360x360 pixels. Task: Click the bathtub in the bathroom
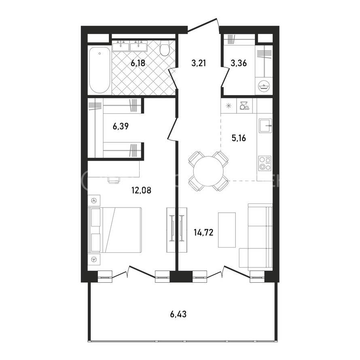[x=100, y=70]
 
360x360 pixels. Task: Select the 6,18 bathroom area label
[x=138, y=63]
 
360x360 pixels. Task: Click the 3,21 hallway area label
[x=199, y=63]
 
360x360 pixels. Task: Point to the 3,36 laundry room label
[x=239, y=63]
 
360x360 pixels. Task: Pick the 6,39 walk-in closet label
[x=121, y=126]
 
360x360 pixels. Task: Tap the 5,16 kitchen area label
[x=239, y=138]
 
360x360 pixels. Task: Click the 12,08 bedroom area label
[x=142, y=190]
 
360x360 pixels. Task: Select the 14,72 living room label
[x=203, y=233]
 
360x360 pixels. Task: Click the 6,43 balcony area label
[x=178, y=314]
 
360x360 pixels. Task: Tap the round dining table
[x=208, y=171]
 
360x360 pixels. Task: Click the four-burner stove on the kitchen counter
[x=265, y=163]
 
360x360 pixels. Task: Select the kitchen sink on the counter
[x=265, y=125]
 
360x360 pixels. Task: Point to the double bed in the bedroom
[x=114, y=230]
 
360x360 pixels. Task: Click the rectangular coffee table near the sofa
[x=227, y=230]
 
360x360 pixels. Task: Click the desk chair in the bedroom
[x=114, y=180]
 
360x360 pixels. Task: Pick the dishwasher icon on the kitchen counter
[x=244, y=106]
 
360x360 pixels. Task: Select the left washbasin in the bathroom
[x=121, y=47]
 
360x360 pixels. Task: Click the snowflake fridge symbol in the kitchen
[x=229, y=106]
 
